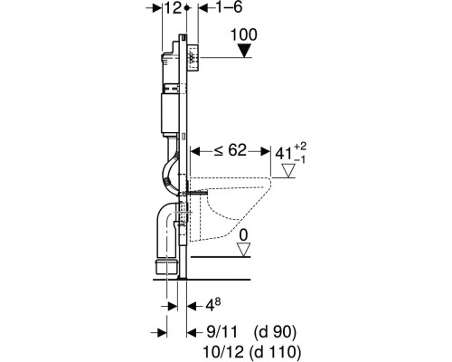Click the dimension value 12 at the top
173,8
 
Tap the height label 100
244,34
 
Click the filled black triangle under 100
244,51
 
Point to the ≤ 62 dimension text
231,150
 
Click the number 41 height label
284,155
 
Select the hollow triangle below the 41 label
288,171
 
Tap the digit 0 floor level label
243,235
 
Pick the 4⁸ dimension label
213,305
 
